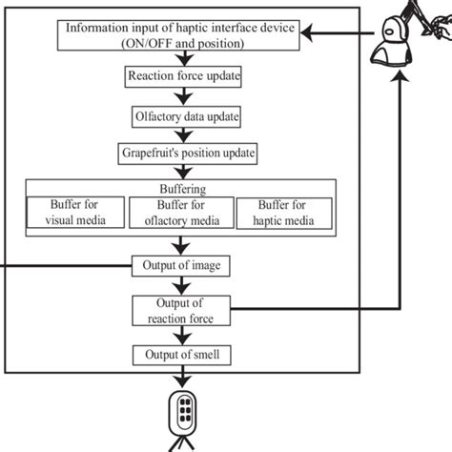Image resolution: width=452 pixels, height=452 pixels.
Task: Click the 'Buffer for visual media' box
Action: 75,211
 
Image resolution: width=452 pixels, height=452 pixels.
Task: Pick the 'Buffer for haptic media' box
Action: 284,211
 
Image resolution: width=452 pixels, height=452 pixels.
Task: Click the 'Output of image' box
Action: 179,263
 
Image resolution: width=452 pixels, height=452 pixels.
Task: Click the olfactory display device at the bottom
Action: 180,413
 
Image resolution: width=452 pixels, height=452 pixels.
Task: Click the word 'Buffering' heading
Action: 179,188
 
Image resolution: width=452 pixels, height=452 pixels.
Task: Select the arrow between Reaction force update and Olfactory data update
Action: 180,95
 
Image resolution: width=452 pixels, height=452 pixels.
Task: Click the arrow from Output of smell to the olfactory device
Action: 180,377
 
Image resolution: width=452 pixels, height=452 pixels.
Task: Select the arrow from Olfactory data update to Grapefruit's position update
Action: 180,134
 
